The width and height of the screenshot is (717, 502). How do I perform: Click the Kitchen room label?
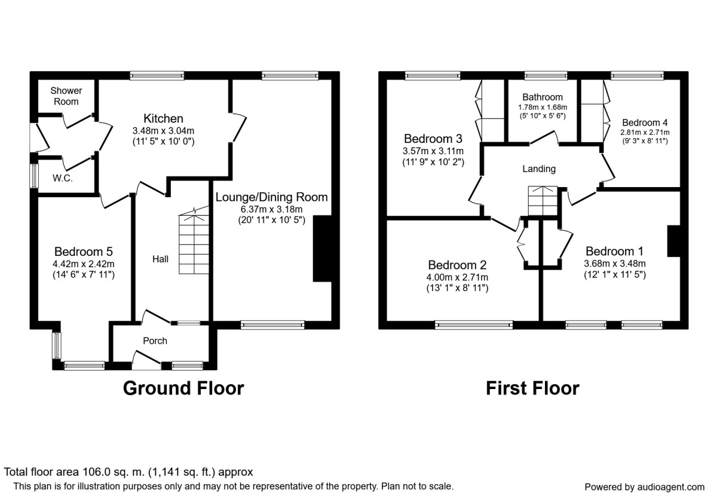coord(163,118)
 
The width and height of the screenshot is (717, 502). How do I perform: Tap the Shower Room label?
coord(66,96)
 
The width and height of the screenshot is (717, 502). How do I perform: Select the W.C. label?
coord(62,178)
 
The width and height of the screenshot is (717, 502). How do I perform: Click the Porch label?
coord(155,341)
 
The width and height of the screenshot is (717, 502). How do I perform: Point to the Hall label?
coord(160,259)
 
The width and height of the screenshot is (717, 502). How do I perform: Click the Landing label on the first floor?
coord(539,169)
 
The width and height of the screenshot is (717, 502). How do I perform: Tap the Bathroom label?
coord(542,97)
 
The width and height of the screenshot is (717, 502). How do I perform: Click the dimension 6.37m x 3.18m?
coord(271,209)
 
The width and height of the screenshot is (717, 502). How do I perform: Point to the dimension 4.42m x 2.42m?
coord(84,264)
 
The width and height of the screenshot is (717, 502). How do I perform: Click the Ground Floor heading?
coord(183,388)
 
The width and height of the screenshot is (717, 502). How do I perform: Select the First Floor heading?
coord(532,388)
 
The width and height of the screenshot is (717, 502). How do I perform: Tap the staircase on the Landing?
coord(543,201)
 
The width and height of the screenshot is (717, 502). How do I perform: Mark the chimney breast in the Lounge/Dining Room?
coord(322,248)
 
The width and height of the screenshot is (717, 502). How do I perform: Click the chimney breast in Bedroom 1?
coord(674,241)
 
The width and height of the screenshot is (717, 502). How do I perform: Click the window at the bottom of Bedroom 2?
coord(474,325)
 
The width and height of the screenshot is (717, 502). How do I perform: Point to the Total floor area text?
coord(129,472)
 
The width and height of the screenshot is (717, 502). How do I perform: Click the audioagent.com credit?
coord(644,486)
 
